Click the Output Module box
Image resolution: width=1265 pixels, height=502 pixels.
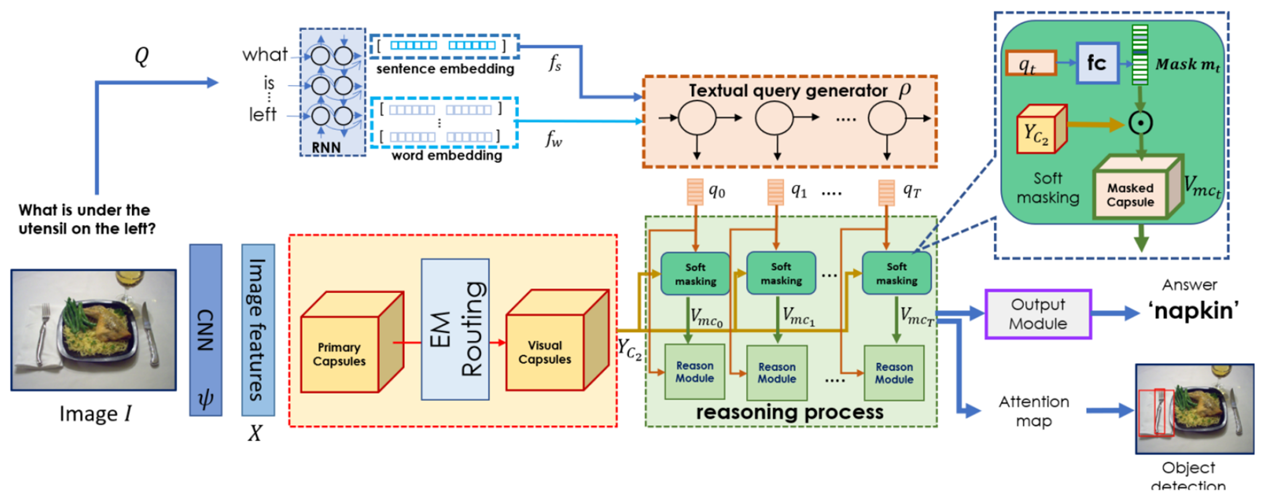[1038, 314]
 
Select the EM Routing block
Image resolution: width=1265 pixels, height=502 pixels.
[455, 329]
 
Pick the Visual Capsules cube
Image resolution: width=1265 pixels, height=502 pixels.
[545, 352]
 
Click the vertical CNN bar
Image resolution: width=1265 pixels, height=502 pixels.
[205, 329]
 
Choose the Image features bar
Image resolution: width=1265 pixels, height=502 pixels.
[258, 329]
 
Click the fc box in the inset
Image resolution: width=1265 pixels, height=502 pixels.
[1097, 63]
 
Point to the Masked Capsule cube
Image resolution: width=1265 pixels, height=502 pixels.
[1130, 195]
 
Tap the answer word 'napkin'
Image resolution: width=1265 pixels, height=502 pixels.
[1193, 311]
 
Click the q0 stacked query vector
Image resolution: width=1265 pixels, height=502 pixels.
[695, 192]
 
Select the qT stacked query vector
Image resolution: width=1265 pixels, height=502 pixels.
[886, 192]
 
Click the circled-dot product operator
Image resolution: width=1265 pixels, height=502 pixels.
[1140, 123]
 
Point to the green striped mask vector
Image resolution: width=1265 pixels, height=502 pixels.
[1139, 55]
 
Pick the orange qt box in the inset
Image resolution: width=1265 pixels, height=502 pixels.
[1030, 63]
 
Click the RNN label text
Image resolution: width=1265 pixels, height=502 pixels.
[326, 147]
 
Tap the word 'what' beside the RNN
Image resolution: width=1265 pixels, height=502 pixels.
[264, 55]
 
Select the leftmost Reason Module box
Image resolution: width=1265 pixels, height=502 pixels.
[695, 372]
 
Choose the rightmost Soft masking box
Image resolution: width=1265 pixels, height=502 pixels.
[896, 273]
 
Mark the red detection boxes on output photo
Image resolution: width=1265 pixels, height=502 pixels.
[1156, 412]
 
